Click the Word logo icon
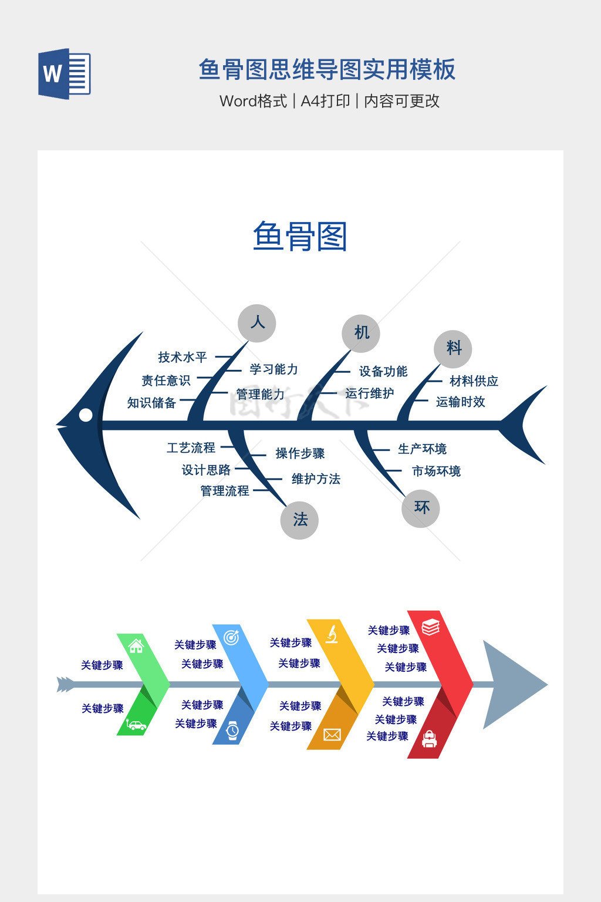click(x=65, y=74)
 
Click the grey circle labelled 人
click(x=257, y=323)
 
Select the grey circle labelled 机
click(x=361, y=333)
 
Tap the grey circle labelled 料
click(x=453, y=349)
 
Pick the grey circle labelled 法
click(x=299, y=520)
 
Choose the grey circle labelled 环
click(x=421, y=508)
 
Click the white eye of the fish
click(x=86, y=415)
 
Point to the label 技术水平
click(x=183, y=357)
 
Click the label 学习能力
click(x=274, y=369)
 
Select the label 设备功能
click(x=383, y=371)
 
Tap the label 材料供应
click(x=474, y=381)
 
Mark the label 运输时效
click(x=461, y=402)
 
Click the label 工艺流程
click(x=191, y=448)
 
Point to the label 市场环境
click(x=436, y=471)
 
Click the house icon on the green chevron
click(x=136, y=646)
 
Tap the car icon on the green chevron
click(x=136, y=725)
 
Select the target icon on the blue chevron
click(x=232, y=637)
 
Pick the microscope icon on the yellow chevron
click(x=332, y=634)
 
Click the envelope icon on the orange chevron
click(x=332, y=735)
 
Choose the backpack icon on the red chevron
click(x=430, y=739)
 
